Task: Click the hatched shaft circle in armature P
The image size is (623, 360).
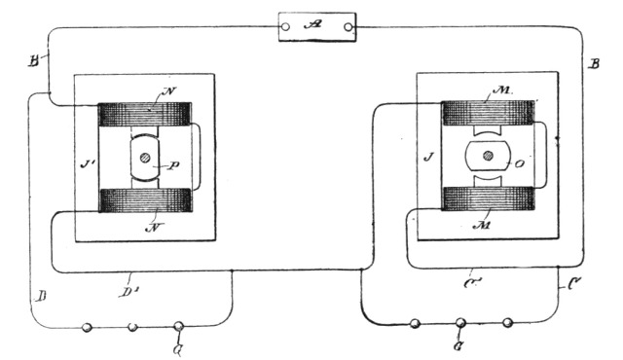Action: tap(145, 158)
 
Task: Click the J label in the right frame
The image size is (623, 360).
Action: tap(428, 154)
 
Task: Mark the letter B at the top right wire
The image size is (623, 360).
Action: tap(595, 65)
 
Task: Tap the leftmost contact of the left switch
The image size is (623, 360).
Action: tap(88, 329)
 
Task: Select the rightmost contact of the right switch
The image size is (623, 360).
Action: tap(507, 322)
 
